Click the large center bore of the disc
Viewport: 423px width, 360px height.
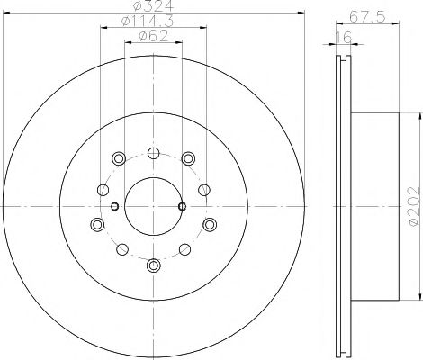point(152,206)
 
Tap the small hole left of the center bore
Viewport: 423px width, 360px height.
point(114,206)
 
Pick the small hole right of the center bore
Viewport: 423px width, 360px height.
point(183,206)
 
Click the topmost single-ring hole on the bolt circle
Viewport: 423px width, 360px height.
point(152,151)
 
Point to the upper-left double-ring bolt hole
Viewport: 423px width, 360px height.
point(118,158)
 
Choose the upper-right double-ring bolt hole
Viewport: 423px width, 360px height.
point(187,158)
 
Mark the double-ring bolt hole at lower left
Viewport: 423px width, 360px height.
point(96,224)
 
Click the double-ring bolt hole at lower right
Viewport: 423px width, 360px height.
point(209,224)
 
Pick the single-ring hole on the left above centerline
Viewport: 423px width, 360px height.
point(103,189)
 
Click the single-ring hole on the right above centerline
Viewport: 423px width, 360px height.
point(203,189)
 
